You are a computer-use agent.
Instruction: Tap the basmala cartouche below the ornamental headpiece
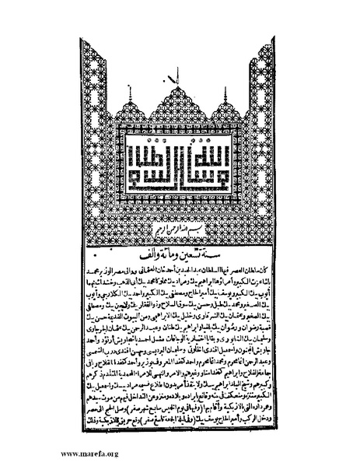180,234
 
